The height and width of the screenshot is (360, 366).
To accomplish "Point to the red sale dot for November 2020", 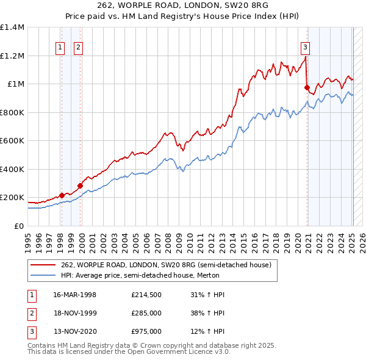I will coord(307,87).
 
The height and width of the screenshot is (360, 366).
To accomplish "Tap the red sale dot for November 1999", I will coord(80,185).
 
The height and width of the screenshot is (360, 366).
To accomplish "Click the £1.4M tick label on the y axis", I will coord(13,27).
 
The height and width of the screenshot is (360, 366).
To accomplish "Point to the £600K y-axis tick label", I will coord(13,141).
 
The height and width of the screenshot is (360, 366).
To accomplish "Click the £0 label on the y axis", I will coord(19,226).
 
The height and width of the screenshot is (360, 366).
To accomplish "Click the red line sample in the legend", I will coord(43,264).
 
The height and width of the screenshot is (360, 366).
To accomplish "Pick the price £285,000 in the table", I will coord(146,313).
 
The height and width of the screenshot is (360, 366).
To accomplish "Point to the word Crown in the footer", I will coord(146,345).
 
